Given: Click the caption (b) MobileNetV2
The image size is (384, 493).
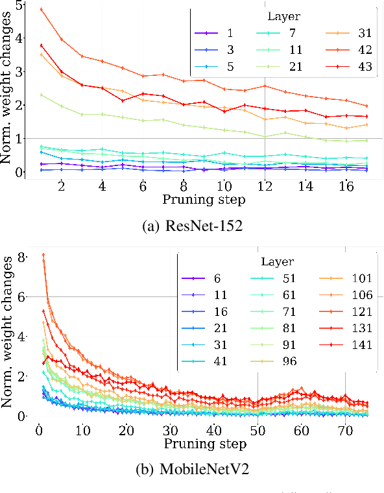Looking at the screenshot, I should pyautogui.click(x=193, y=470).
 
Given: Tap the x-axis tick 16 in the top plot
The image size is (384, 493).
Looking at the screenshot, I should pyautogui.click(x=347, y=186).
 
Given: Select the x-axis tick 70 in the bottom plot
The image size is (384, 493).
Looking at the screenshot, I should pyautogui.click(x=346, y=429).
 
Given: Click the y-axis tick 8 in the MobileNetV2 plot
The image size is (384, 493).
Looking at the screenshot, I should pyautogui.click(x=22, y=257).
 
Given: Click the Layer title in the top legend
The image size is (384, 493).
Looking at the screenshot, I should pyautogui.click(x=283, y=16).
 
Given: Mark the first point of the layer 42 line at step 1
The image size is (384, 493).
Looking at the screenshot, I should pyautogui.click(x=42, y=10).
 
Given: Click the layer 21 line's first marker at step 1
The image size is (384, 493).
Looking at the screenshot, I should pyautogui.click(x=42, y=95).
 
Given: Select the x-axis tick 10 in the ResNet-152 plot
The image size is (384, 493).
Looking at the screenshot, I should pyautogui.click(x=224, y=186).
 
